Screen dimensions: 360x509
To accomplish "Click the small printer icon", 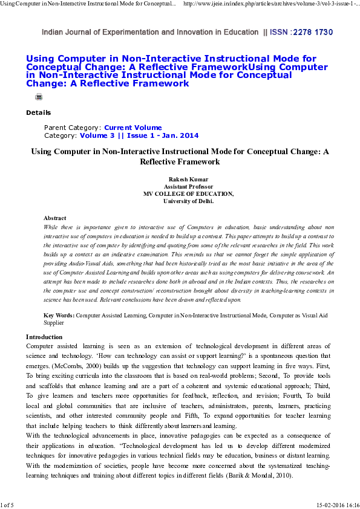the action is coord(39,97).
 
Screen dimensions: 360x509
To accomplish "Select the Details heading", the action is coord(38,112).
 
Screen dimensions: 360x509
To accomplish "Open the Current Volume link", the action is coord(133,128).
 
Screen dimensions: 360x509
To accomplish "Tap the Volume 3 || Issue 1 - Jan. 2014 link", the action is coord(139,135).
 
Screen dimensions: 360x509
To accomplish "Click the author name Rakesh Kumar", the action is coord(179,180).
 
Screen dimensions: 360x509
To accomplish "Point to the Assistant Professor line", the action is coord(179,187).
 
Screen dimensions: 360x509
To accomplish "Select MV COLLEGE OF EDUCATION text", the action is coord(179,193).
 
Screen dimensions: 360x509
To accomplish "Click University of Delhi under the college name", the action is coord(179,201).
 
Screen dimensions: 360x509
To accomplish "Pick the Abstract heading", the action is coord(54,218).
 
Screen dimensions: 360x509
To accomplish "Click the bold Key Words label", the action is coord(59,316).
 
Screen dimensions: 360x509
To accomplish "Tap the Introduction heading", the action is coord(44,337).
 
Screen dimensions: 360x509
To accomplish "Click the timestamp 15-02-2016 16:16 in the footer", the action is coord(336,504).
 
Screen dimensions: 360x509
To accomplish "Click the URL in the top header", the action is coord(270,4).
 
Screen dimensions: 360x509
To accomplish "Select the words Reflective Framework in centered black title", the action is coord(179,162).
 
